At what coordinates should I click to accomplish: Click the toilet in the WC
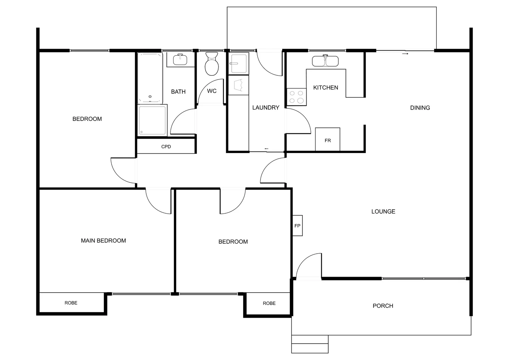[x=211, y=64]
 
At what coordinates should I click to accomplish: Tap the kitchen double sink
[x=325, y=61]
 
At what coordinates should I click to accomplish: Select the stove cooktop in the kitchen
[x=296, y=97]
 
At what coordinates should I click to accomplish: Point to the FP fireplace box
[x=297, y=226]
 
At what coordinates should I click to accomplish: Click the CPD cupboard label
[x=166, y=147]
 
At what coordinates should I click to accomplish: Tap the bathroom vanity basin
[x=180, y=60]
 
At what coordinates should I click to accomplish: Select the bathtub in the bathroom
[x=150, y=78]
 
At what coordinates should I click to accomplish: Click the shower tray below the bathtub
[x=152, y=120]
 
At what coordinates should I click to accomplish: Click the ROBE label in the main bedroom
[x=71, y=303]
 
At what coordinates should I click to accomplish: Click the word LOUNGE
[x=383, y=211]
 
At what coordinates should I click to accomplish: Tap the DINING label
[x=420, y=108]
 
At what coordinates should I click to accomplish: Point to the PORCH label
[x=383, y=306]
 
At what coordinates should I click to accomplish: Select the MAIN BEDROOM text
[x=103, y=240]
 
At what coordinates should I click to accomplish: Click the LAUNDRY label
[x=265, y=107]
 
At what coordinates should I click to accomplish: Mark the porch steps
[x=310, y=344]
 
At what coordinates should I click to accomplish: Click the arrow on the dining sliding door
[x=405, y=53]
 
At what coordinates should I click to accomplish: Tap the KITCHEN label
[x=325, y=87]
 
